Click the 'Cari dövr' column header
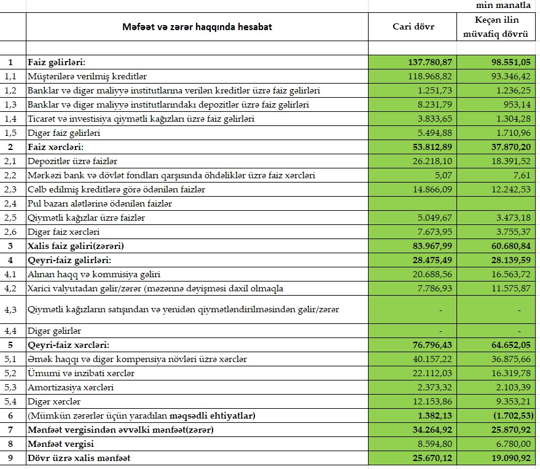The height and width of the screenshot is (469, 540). pyautogui.click(x=413, y=27)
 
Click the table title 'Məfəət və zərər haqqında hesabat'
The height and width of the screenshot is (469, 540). pyautogui.click(x=197, y=27)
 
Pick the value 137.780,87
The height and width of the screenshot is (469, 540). pyautogui.click(x=429, y=62)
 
